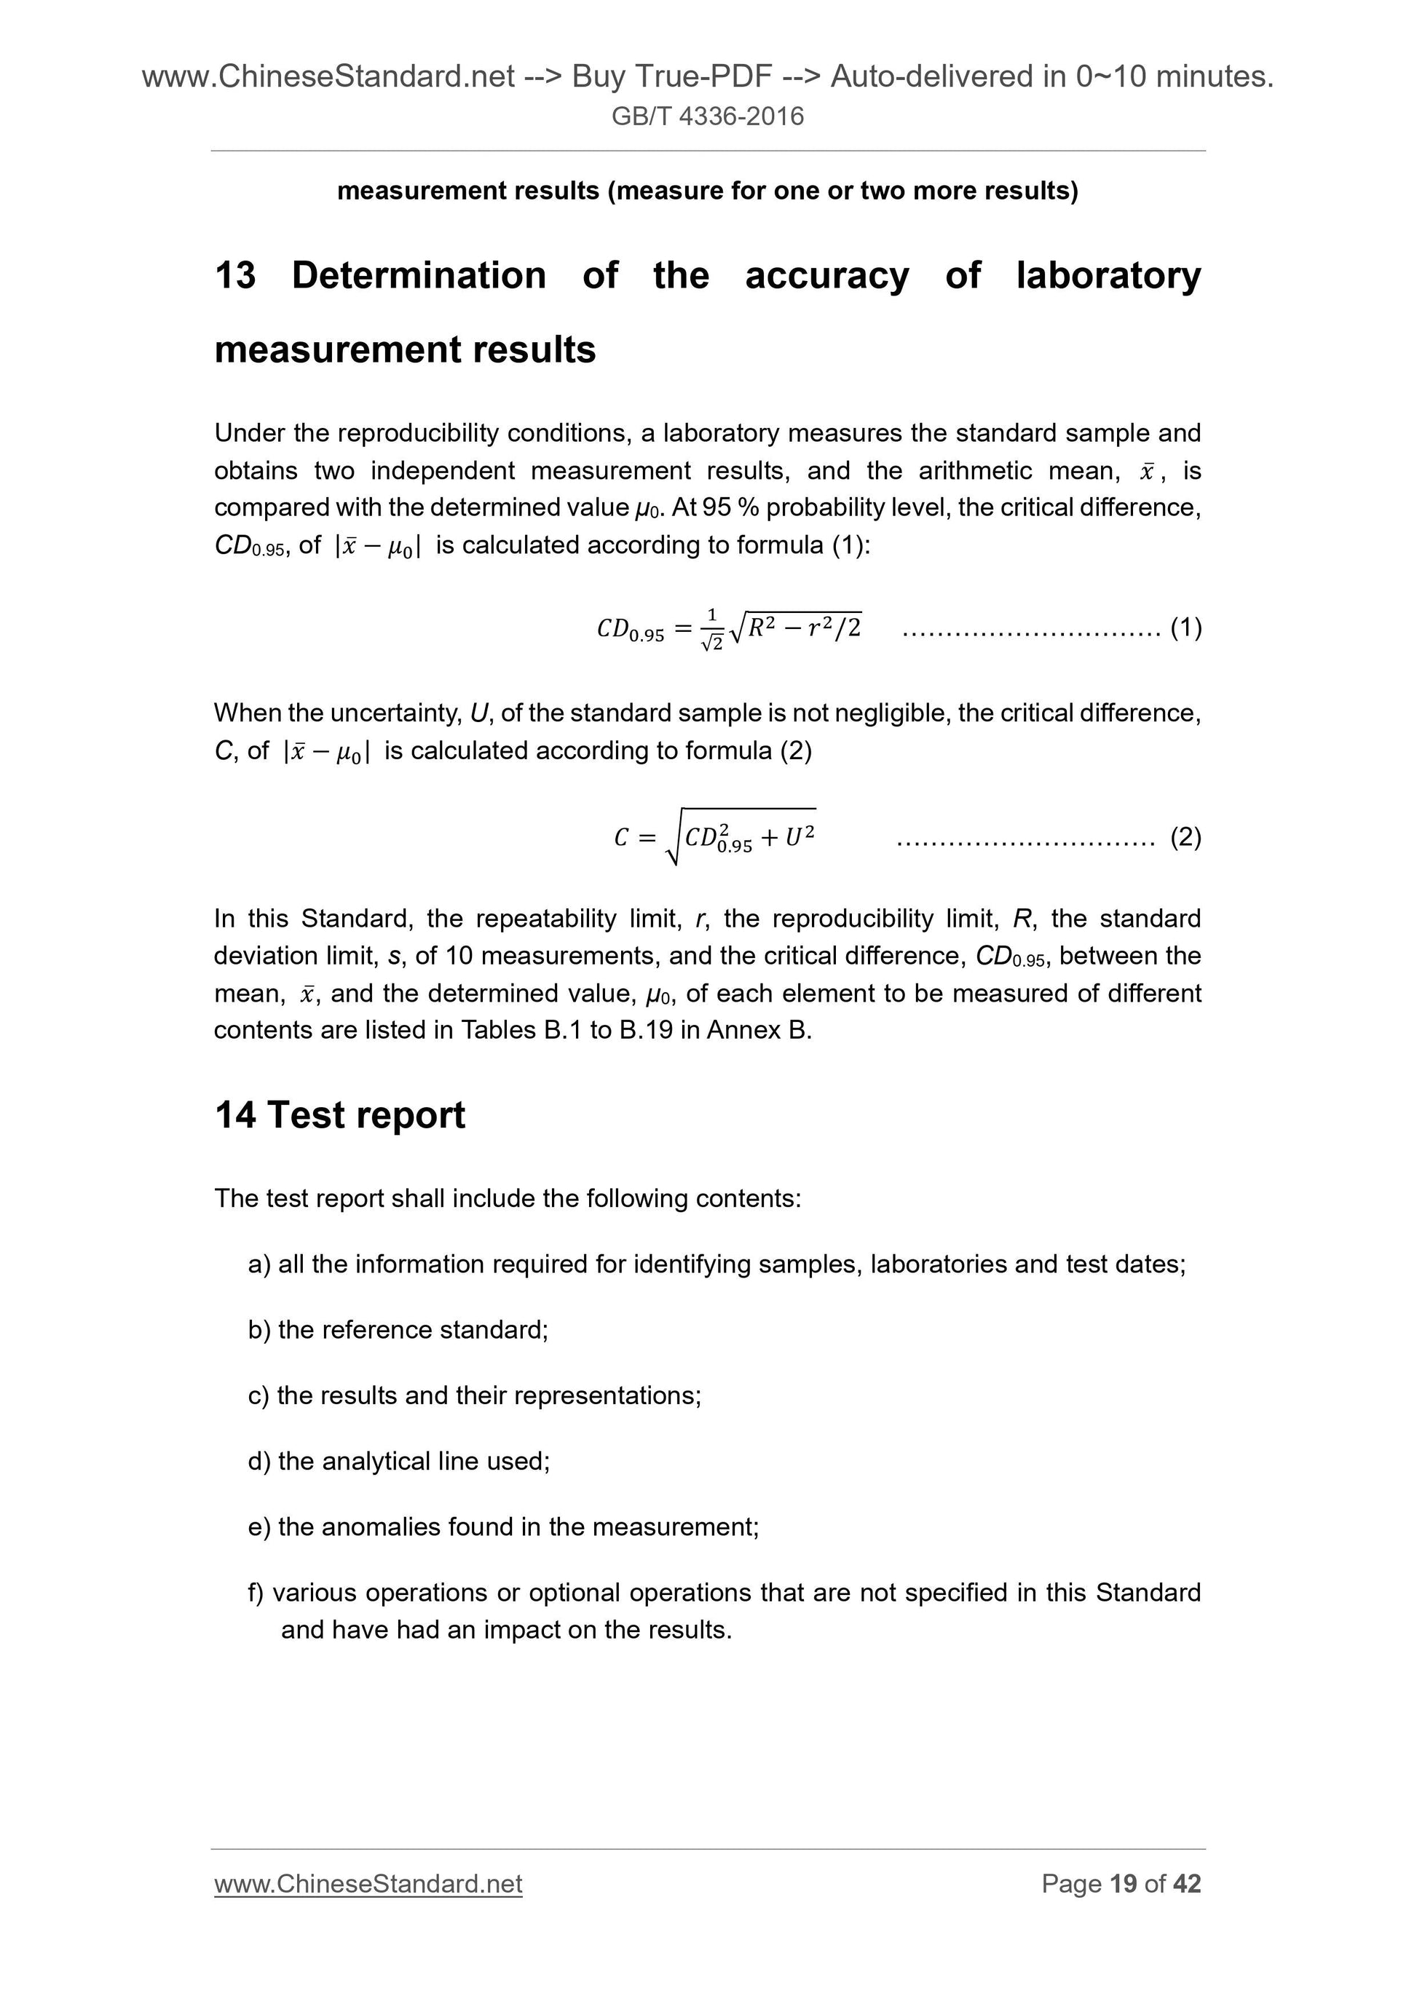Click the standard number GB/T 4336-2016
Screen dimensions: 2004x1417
tap(707, 116)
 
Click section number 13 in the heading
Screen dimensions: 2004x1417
tap(235, 276)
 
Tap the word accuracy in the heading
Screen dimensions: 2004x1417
tap(826, 276)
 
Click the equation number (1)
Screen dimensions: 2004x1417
tap(1185, 627)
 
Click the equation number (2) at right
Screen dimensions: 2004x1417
tap(1185, 838)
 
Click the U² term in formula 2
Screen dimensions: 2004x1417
tap(799, 837)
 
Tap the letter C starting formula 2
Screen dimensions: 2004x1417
tap(620, 838)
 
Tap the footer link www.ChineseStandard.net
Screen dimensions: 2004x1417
tap(368, 1884)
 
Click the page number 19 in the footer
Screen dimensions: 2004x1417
tap(1123, 1884)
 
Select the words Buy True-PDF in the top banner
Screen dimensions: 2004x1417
tap(671, 78)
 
